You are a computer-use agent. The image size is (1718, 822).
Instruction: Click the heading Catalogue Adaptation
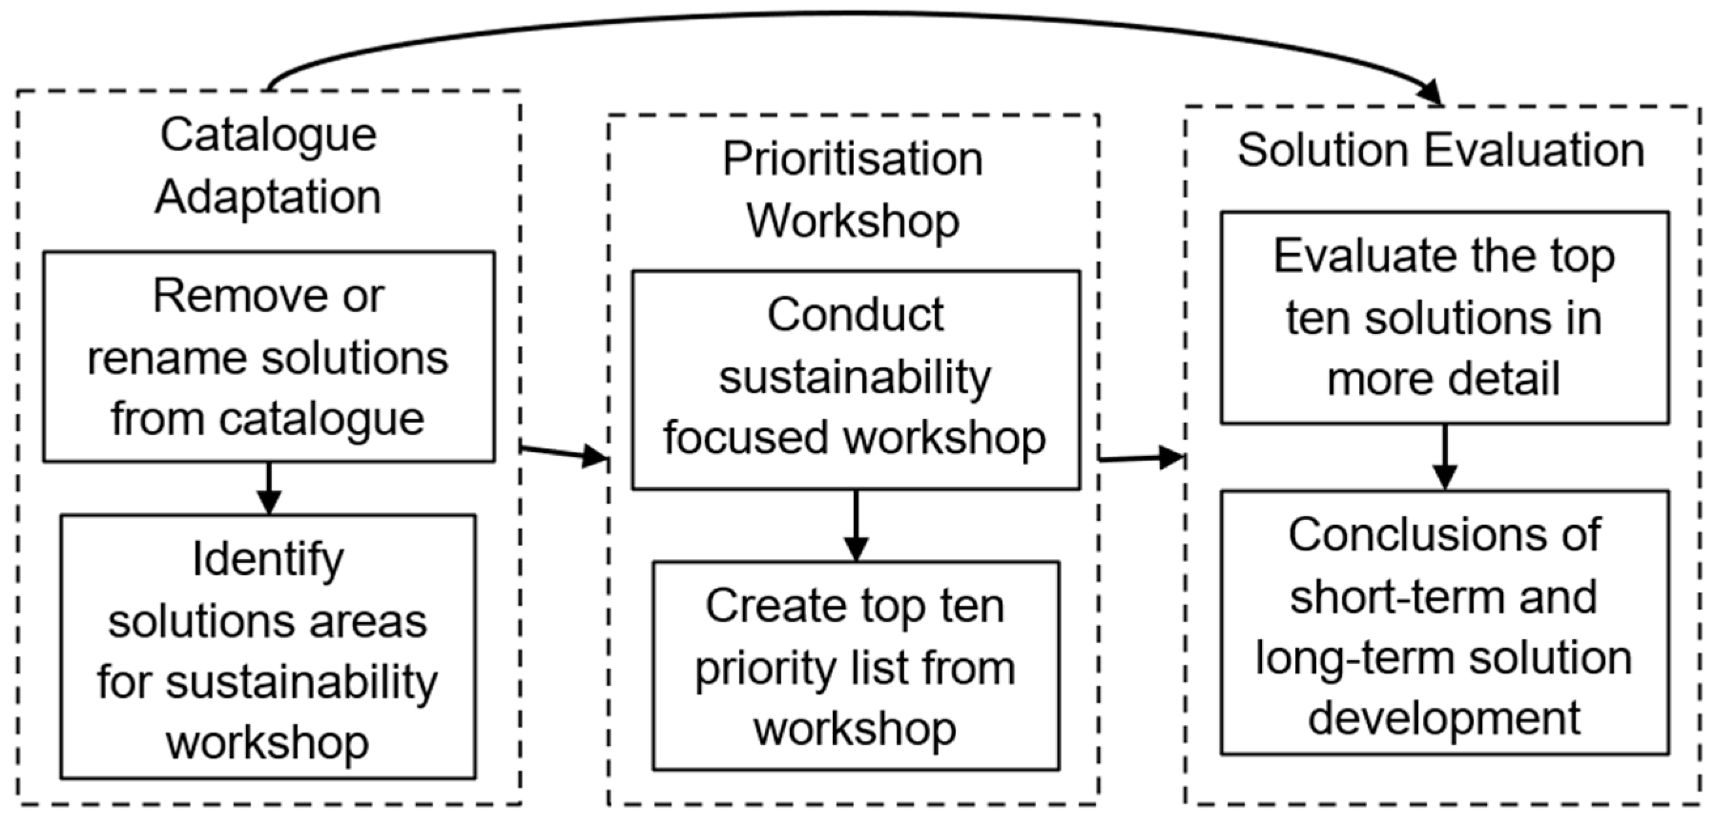(x=268, y=166)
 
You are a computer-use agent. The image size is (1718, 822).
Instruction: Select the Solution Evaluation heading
(x=1441, y=150)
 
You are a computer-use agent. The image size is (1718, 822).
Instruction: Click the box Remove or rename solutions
(x=269, y=356)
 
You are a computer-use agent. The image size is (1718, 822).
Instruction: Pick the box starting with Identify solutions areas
(x=268, y=647)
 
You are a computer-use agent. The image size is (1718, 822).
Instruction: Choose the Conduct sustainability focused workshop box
(x=855, y=380)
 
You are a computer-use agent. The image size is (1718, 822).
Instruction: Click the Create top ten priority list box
(x=855, y=666)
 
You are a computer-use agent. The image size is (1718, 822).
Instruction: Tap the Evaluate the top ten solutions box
(x=1445, y=318)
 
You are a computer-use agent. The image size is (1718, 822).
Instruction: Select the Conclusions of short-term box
(x=1445, y=623)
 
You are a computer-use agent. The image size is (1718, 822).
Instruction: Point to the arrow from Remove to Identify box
(x=269, y=488)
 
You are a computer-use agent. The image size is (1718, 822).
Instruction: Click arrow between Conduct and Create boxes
(x=855, y=526)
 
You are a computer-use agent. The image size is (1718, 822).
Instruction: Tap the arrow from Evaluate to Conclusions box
(x=1445, y=458)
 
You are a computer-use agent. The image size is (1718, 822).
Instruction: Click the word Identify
(x=268, y=558)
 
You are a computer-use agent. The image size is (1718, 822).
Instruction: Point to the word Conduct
(x=855, y=315)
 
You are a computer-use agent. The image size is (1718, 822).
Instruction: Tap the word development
(x=1445, y=719)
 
